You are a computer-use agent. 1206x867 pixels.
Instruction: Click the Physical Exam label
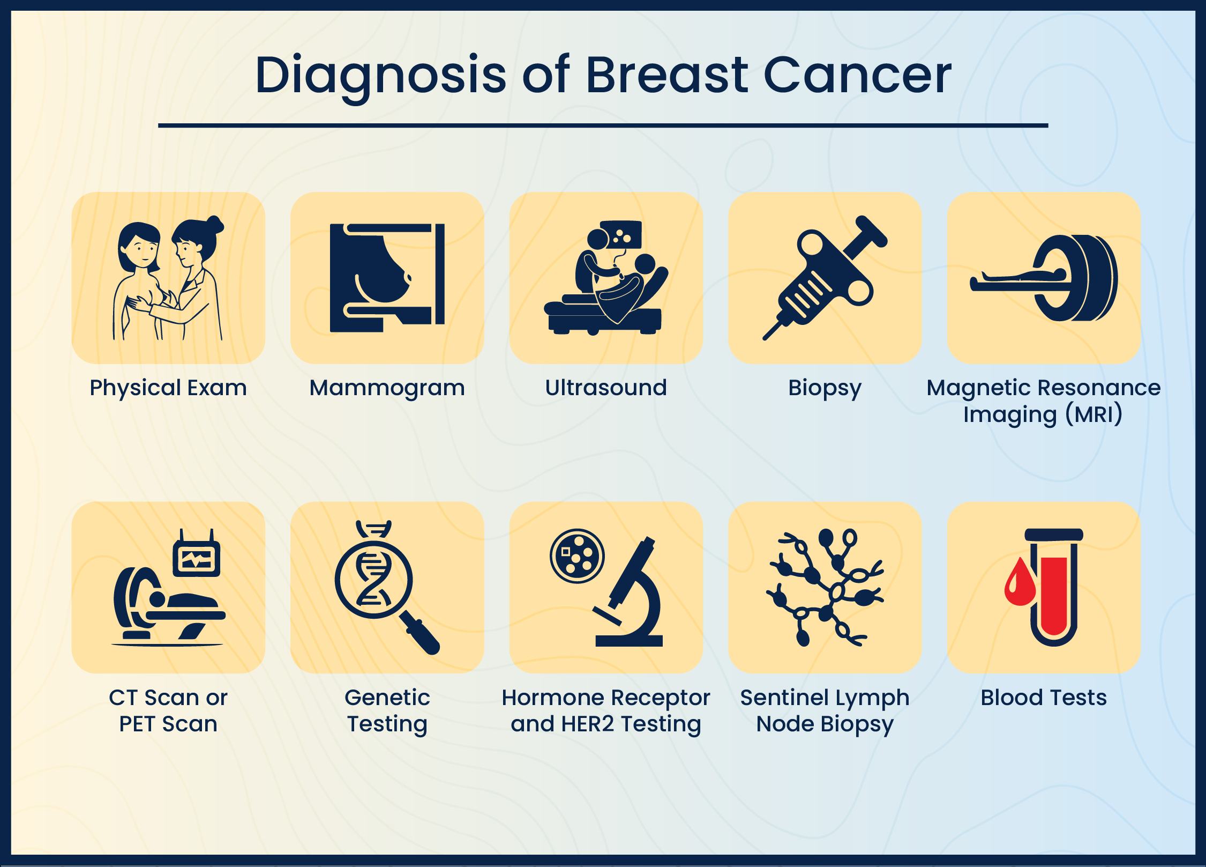[168, 388]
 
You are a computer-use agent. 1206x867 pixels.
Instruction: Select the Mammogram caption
[387, 388]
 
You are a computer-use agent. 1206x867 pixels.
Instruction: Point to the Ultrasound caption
[606, 388]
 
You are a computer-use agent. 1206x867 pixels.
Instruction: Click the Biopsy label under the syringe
[825, 388]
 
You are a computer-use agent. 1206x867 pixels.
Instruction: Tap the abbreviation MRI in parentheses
[1093, 414]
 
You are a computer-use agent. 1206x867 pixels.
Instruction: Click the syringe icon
[825, 277]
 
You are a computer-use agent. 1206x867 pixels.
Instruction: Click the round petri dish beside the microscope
[577, 555]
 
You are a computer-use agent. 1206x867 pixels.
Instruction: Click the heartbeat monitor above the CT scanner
[197, 559]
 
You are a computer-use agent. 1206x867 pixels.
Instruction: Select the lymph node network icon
[825, 587]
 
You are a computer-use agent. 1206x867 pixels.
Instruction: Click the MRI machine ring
[1077, 278]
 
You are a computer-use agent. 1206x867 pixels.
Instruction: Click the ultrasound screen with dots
[621, 234]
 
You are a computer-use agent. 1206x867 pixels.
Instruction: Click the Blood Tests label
[1043, 698]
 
